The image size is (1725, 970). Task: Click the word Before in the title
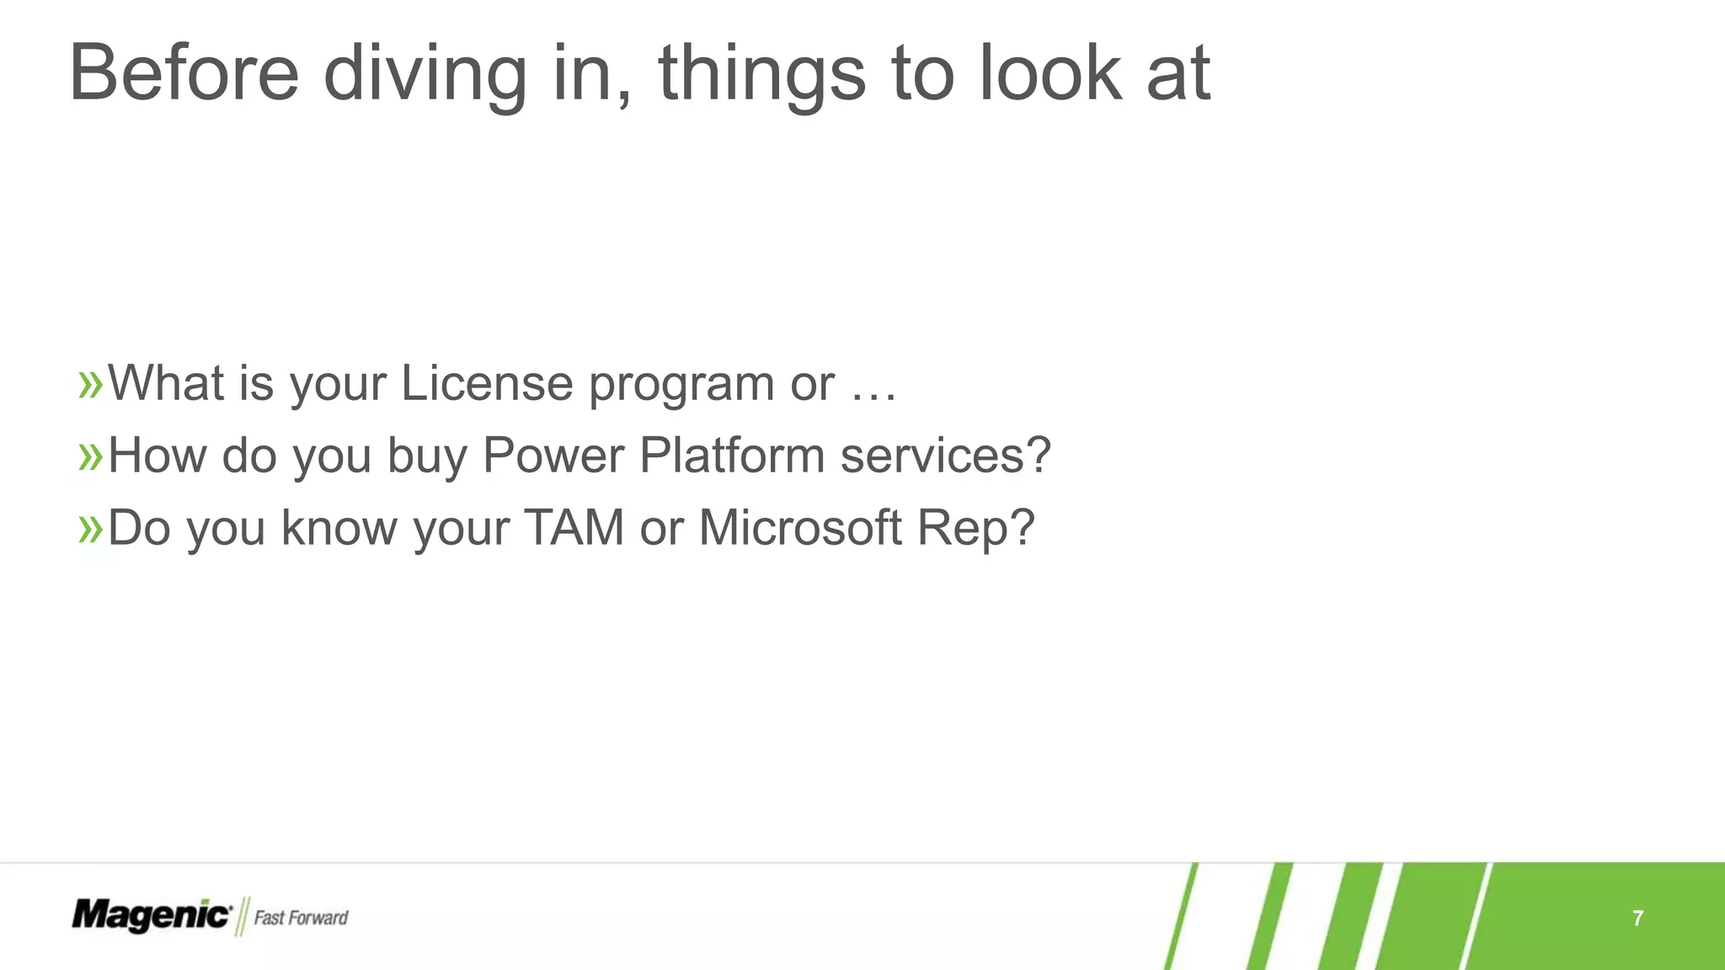[x=184, y=73]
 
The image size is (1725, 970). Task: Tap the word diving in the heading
[x=425, y=73]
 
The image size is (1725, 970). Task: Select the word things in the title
[x=761, y=73]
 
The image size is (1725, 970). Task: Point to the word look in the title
[x=1049, y=73]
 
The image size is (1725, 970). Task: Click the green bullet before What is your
[x=90, y=384]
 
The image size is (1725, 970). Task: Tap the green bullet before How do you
[x=90, y=456]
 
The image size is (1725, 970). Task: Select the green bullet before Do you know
[x=90, y=529]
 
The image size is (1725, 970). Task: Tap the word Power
[x=553, y=456]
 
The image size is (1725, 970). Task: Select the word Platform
[x=732, y=456]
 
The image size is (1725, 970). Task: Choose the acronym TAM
[x=574, y=528]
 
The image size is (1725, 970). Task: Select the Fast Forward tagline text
[x=301, y=918]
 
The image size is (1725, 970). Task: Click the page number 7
[x=1637, y=918]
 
